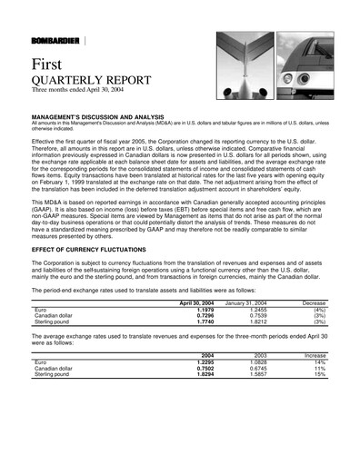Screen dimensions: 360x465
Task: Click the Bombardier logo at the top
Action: coord(55,42)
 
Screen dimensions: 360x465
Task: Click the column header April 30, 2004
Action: coord(195,302)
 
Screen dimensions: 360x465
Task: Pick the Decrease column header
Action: coord(315,302)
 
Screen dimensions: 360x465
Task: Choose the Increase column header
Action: coord(315,355)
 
